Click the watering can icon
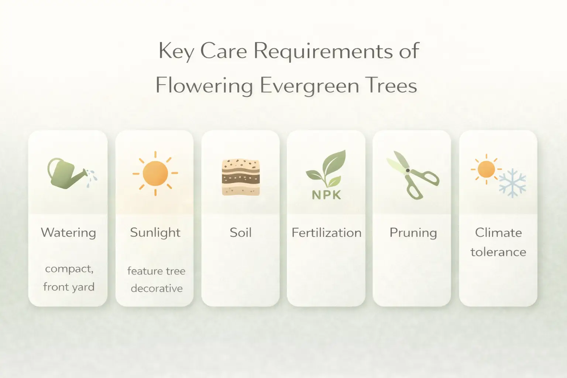click(68, 174)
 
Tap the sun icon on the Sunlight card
click(155, 173)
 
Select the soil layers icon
click(241, 177)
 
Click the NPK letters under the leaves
click(326, 195)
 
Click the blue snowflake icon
click(512, 183)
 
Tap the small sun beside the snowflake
click(486, 169)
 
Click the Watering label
click(68, 233)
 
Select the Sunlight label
click(155, 233)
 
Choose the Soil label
click(241, 233)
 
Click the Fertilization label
click(326, 233)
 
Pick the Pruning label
click(413, 233)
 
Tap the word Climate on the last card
click(498, 233)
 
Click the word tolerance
click(498, 252)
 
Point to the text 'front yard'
click(69, 287)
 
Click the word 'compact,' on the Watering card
click(69, 269)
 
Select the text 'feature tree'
click(156, 271)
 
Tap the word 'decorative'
click(157, 288)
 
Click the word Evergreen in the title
click(309, 86)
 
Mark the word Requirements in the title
click(324, 51)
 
